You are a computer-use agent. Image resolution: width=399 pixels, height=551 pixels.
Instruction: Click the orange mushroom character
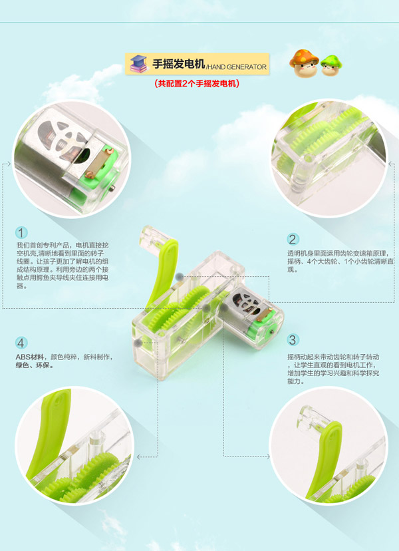[304, 63]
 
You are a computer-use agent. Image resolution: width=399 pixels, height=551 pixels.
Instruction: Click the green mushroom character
[331, 65]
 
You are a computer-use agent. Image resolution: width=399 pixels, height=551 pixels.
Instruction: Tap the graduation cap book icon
[138, 64]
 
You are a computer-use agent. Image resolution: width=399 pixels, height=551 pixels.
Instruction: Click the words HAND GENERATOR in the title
[237, 67]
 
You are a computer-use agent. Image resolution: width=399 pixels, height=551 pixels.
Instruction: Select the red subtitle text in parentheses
[197, 84]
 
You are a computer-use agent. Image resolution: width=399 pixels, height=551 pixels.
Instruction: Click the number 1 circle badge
[21, 232]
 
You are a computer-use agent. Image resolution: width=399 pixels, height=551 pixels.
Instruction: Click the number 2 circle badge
[293, 240]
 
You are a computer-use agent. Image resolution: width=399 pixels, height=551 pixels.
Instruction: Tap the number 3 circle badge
[293, 340]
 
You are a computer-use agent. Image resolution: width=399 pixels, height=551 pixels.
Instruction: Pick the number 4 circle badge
[21, 343]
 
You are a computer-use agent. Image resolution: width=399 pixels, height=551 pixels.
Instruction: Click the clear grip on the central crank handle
[152, 236]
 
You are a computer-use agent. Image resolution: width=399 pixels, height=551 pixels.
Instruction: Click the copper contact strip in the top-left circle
[98, 162]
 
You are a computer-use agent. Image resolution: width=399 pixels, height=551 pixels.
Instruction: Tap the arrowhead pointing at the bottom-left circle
[139, 457]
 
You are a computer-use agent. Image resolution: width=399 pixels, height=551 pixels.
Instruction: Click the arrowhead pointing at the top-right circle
[390, 164]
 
